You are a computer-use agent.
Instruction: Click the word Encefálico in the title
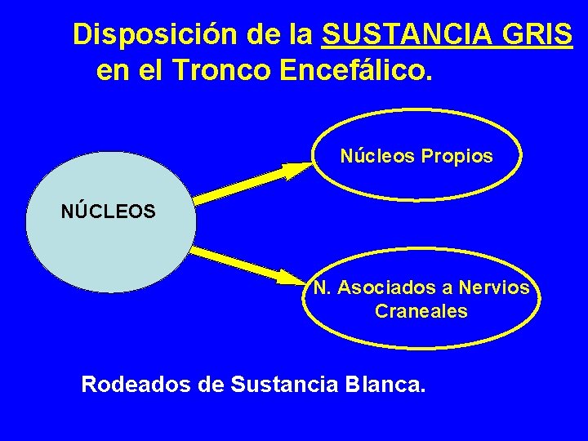(352, 71)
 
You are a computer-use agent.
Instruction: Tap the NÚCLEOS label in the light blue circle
(108, 212)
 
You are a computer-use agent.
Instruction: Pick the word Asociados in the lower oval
(385, 287)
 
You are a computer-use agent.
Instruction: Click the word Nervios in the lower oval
(494, 287)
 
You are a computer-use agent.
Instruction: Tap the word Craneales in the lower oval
(421, 311)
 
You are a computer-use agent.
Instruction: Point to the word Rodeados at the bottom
(136, 383)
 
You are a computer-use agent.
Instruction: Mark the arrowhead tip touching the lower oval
(309, 283)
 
